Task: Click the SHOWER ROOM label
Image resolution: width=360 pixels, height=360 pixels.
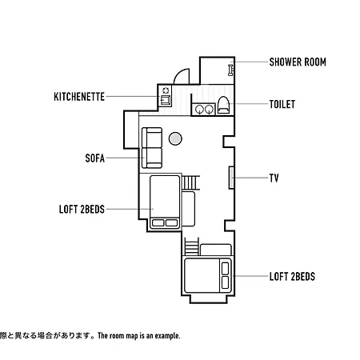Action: click(x=298, y=62)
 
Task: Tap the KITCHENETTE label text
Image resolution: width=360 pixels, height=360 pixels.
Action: click(x=79, y=97)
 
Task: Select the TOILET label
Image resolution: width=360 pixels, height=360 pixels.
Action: click(x=282, y=104)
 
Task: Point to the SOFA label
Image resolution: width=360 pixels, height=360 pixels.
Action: click(x=95, y=158)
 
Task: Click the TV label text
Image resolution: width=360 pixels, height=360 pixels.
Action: click(x=274, y=178)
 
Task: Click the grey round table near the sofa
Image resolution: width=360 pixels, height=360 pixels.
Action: click(x=175, y=138)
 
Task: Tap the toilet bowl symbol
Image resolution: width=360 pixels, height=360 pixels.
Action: click(x=223, y=105)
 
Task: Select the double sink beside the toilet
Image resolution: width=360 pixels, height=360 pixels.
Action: click(x=204, y=109)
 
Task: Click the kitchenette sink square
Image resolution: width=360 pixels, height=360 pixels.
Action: click(x=166, y=100)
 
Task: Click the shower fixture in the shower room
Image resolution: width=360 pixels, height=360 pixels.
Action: click(x=230, y=70)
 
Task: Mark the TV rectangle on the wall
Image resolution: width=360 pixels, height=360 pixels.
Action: click(x=231, y=178)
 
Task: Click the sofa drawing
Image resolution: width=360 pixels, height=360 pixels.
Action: click(x=152, y=148)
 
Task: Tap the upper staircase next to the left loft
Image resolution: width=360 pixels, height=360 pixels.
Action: click(x=190, y=182)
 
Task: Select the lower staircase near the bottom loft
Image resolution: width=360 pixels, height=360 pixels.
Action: click(x=192, y=246)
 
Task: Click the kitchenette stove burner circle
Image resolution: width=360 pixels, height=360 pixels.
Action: click(x=166, y=90)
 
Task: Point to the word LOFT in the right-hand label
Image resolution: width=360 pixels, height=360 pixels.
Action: click(x=279, y=277)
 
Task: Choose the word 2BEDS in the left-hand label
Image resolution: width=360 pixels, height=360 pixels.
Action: click(x=93, y=210)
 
